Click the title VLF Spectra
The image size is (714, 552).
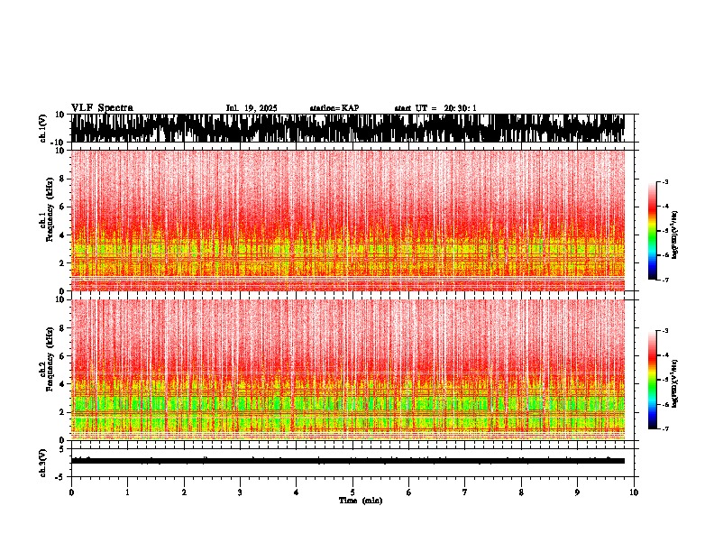point(102,108)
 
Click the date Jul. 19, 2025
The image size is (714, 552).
point(252,108)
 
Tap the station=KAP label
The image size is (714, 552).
point(334,108)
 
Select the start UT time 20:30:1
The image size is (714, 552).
point(435,108)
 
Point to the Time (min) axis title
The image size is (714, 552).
point(360,501)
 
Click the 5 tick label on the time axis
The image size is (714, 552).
point(352,492)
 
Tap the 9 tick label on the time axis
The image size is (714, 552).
point(578,492)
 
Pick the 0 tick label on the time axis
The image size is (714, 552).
point(71,492)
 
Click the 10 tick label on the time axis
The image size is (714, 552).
point(634,492)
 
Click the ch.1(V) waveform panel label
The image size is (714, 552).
point(44,128)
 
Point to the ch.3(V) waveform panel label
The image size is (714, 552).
point(44,461)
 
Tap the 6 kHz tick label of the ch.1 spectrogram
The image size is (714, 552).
point(63,207)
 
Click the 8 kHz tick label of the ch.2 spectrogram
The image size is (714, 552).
point(63,328)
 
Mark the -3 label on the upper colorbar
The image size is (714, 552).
point(664,182)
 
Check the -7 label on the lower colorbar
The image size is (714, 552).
point(664,429)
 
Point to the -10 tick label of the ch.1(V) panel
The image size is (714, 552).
point(57,143)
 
